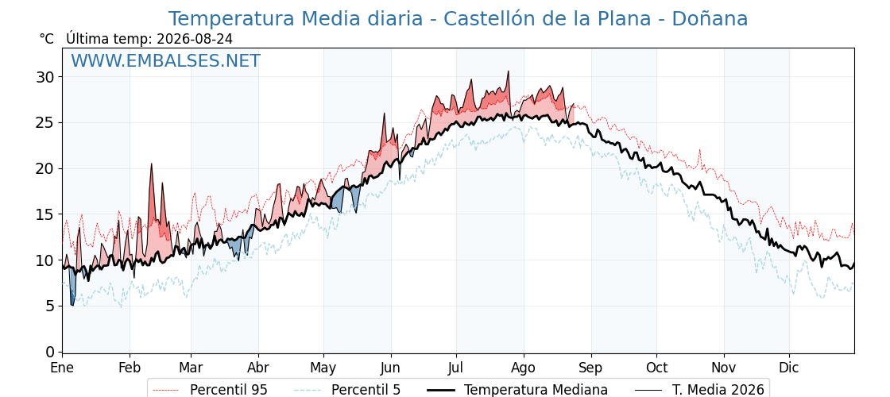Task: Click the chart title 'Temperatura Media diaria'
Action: click(295, 19)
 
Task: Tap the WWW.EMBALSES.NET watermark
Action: click(166, 60)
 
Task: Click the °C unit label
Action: click(47, 39)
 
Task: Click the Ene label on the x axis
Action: click(62, 368)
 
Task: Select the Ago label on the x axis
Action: click(524, 368)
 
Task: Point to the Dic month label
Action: click(789, 368)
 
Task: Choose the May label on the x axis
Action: click(323, 368)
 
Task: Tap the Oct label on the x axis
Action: click(656, 368)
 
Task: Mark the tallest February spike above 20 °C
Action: click(152, 164)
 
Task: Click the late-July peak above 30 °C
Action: click(508, 71)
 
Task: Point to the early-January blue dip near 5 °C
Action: click(72, 305)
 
